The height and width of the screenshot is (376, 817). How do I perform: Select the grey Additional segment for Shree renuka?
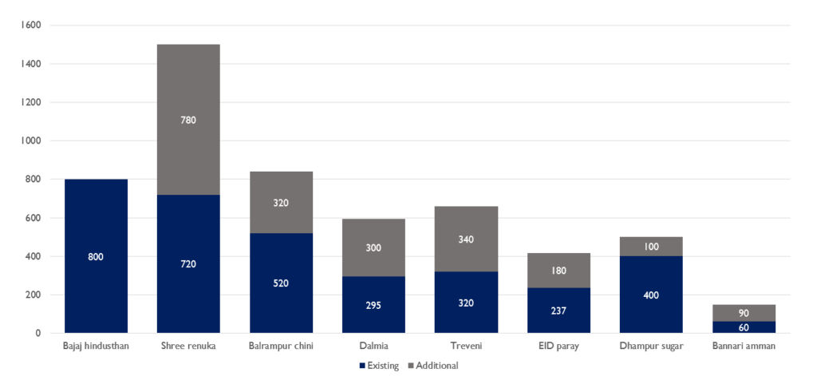pos(188,88)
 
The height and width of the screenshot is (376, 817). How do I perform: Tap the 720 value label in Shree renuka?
pos(188,264)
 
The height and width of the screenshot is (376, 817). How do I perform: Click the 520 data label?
pos(281,283)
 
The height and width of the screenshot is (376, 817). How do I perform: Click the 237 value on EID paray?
pos(558,311)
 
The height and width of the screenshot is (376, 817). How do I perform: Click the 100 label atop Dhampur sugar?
pos(651,247)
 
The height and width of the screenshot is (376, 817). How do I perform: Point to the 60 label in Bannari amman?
pos(744,327)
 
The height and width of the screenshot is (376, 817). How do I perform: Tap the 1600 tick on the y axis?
pos(30,25)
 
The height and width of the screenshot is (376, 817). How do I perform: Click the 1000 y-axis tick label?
pos(30,141)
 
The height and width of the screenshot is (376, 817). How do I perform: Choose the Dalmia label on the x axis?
pos(373,346)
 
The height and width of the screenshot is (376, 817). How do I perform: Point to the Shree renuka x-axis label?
pos(188,346)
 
